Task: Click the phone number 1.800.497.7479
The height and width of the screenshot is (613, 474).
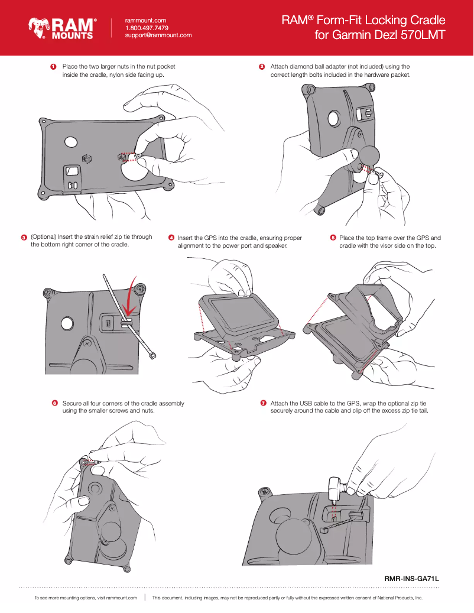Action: tap(147, 28)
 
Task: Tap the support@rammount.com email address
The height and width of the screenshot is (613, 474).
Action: tap(158, 35)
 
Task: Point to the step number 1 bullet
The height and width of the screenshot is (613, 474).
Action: tap(53, 67)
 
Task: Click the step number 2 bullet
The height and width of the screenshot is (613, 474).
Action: tap(262, 67)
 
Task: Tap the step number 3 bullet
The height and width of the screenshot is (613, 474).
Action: tap(24, 238)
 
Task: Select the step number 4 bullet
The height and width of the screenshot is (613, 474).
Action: tap(171, 238)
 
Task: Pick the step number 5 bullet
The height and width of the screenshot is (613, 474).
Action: tap(333, 238)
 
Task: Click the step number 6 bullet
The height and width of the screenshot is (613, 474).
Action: tap(54, 403)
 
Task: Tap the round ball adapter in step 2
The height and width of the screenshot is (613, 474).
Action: tap(369, 156)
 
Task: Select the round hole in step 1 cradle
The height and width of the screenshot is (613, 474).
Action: tap(71, 142)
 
